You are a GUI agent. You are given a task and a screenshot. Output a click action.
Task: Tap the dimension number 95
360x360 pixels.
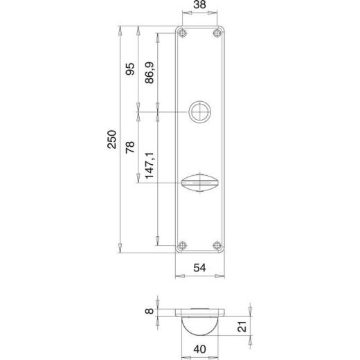pos(129,71)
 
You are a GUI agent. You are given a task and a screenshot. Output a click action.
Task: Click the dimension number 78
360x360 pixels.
pos(129,147)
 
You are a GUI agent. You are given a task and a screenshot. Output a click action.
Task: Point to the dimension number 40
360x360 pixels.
pos(200,349)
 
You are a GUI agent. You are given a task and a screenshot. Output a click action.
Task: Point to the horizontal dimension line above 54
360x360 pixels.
pos(199,276)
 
